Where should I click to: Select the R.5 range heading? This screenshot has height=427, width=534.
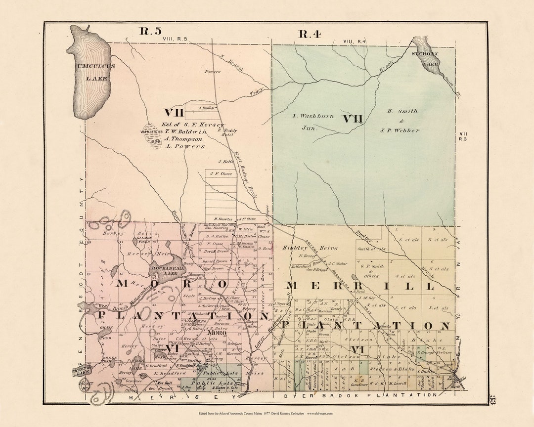(150, 31)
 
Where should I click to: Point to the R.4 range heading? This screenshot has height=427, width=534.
(310, 34)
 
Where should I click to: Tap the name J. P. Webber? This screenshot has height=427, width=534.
(400, 130)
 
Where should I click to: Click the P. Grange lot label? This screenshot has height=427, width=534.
(427, 353)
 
